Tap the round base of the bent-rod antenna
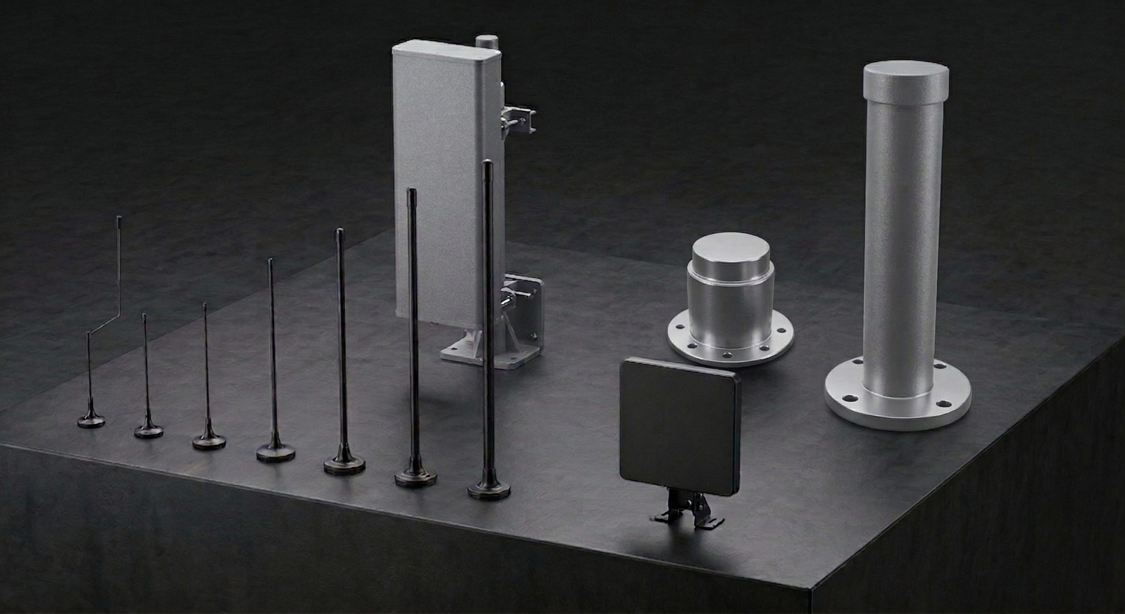pos(91,421)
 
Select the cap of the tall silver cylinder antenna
pos(905,81)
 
